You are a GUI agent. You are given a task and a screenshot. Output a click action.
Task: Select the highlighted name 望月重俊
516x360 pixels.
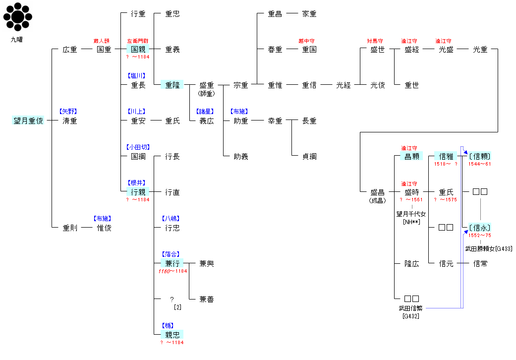tap(28, 120)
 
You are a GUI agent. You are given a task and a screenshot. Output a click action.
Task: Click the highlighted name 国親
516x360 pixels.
tap(138, 50)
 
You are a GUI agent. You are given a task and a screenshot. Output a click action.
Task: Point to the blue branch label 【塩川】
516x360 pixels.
tap(138, 76)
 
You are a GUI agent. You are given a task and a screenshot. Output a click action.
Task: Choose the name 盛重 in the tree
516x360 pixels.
tap(207, 85)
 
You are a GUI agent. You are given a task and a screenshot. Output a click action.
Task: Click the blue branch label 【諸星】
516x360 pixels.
tap(206, 112)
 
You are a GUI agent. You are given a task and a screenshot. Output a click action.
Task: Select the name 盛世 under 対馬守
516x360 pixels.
tap(377, 50)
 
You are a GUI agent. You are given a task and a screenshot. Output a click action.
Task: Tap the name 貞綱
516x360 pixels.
tap(309, 157)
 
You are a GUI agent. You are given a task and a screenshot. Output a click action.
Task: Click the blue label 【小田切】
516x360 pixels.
tap(138, 147)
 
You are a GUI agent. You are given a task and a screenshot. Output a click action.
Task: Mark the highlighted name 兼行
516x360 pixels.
tap(172, 263)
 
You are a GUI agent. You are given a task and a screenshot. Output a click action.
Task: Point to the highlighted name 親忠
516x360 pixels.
tap(172, 335)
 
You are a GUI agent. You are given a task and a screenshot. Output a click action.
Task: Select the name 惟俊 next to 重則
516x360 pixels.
tap(104, 228)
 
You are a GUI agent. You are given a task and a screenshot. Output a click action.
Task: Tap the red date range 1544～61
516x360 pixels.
tap(480, 164)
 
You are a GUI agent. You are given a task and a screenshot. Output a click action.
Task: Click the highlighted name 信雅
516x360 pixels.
tap(446, 157)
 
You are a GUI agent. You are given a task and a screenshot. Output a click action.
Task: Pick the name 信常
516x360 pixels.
tap(480, 264)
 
